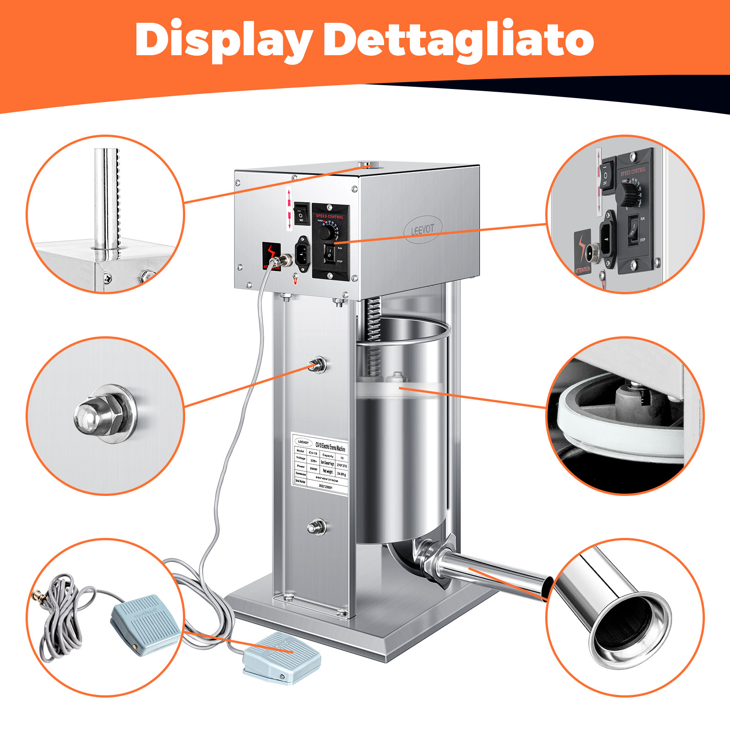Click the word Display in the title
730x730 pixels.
(x=224, y=40)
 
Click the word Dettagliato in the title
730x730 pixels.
(x=459, y=40)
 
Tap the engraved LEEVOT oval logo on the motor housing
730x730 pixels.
(x=422, y=229)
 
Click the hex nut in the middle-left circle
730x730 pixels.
(x=105, y=413)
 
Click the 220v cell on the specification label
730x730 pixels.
(x=313, y=461)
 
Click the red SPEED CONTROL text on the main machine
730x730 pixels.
(x=329, y=216)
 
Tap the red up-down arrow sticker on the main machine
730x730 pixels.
(x=289, y=208)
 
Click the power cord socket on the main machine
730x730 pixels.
(x=302, y=251)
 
